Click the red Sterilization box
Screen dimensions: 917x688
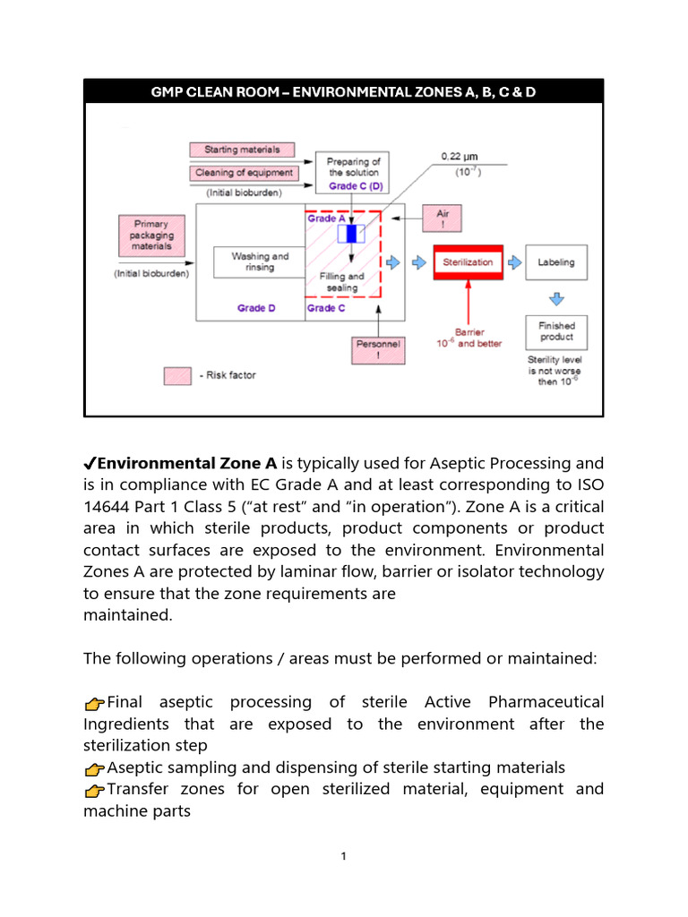[468, 262]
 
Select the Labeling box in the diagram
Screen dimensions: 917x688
[556, 262]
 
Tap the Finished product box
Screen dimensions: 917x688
[556, 331]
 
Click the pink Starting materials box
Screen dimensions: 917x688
[242, 150]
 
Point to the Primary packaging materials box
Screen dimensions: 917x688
[150, 235]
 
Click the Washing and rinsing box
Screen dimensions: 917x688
[260, 262]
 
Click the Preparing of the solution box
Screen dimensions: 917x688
[353, 172]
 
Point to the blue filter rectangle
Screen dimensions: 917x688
[351, 234]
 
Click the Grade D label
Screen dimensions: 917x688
[256, 308]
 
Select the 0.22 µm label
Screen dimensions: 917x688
[460, 157]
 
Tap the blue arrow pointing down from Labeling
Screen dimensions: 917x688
[556, 297]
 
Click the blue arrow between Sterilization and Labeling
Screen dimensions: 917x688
[514, 262]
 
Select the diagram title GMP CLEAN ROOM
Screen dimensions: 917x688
[343, 92]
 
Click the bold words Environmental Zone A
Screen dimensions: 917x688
[187, 463]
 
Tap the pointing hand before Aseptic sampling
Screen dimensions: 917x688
[94, 769]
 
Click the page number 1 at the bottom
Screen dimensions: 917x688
[343, 857]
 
